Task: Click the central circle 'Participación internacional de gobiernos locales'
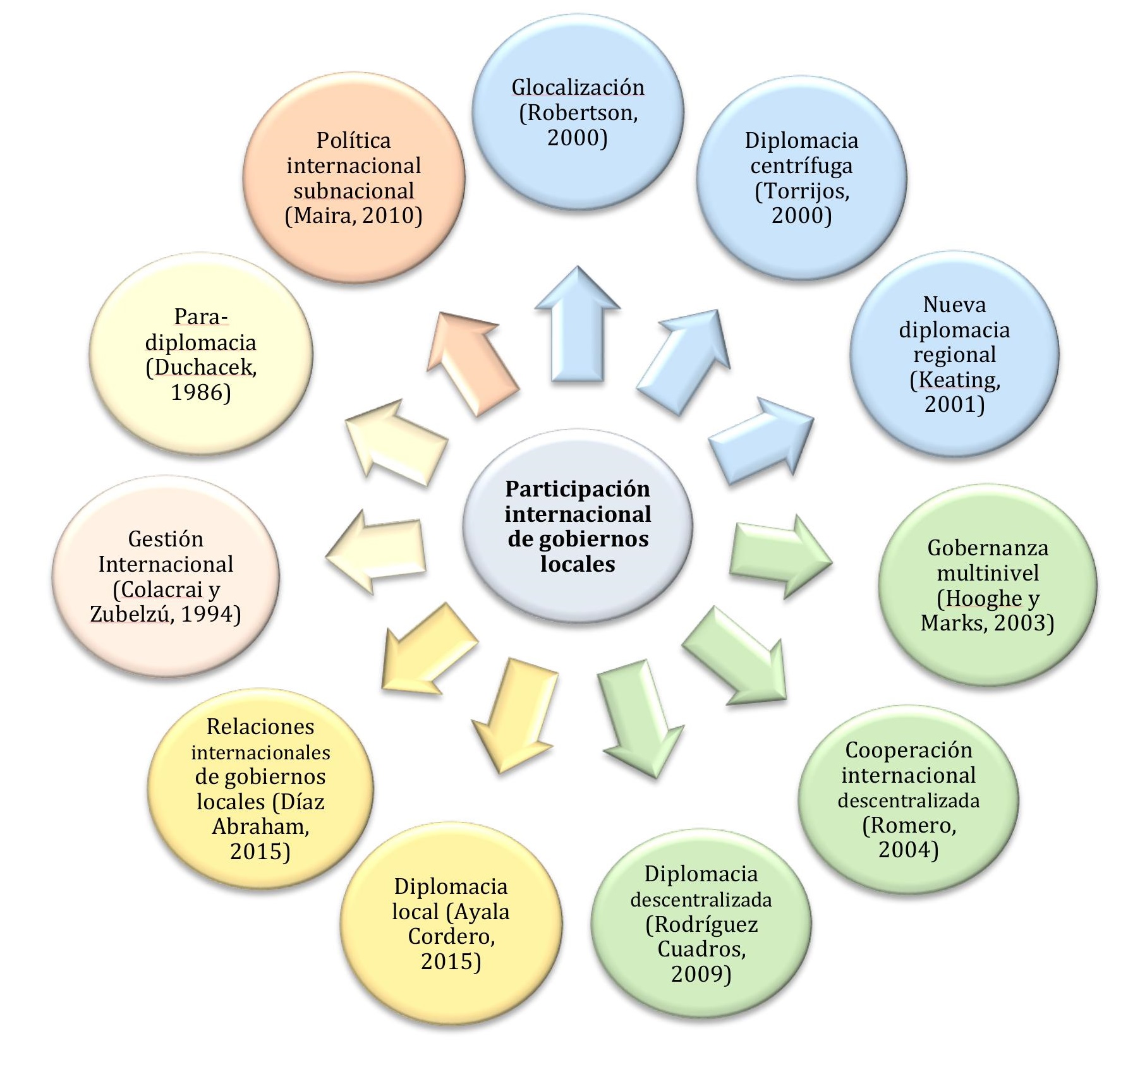point(578,526)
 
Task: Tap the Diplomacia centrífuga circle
point(801,178)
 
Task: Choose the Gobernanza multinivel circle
point(987,585)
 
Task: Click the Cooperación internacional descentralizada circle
point(908,799)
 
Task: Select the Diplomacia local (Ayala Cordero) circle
point(451,924)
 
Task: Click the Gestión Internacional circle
point(166,576)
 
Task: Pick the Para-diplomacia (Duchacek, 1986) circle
point(201,354)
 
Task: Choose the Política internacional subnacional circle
point(354,178)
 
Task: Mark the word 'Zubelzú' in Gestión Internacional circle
point(130,614)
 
